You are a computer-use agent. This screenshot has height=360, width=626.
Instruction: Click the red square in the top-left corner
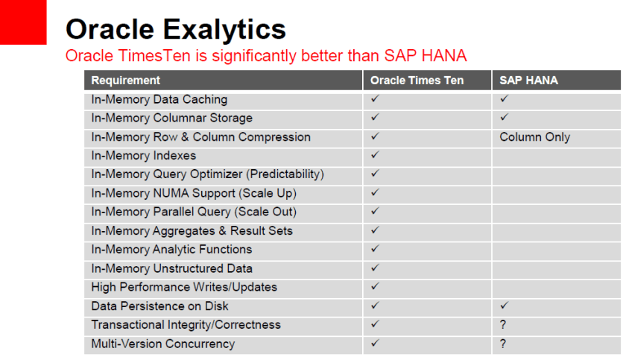[x=23, y=22]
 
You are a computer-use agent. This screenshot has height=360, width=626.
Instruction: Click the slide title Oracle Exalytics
[x=175, y=29]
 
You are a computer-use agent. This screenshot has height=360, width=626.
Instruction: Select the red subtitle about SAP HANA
[x=266, y=56]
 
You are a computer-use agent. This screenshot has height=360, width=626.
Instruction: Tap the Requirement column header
[x=126, y=80]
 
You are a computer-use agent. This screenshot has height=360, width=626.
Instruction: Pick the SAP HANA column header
[x=528, y=80]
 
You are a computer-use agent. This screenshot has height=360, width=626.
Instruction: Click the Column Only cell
[x=534, y=137]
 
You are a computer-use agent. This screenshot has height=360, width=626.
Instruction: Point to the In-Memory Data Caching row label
[x=159, y=99]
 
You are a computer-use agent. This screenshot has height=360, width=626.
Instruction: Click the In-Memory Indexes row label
[x=143, y=156]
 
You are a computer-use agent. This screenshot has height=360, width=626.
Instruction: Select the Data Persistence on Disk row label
[x=159, y=306]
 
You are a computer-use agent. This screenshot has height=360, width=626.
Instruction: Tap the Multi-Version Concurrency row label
[x=162, y=344]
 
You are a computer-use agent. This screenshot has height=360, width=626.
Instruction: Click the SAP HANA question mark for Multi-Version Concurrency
[x=503, y=344]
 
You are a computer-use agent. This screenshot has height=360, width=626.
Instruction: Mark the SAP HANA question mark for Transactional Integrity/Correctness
[x=503, y=325]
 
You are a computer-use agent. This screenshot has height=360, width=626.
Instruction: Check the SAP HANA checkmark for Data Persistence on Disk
[x=504, y=306]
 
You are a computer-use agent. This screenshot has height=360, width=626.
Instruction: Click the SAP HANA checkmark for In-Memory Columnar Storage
[x=504, y=118]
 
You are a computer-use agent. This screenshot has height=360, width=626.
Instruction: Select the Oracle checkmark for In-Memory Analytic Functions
[x=375, y=250]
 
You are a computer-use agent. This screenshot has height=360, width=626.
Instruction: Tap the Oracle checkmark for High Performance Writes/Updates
[x=375, y=287]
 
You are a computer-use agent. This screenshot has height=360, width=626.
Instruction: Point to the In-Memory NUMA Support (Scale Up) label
[x=189, y=193]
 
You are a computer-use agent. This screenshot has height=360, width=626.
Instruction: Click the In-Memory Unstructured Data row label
[x=171, y=268]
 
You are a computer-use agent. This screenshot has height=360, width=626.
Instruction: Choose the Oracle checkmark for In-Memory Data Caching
[x=375, y=99]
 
